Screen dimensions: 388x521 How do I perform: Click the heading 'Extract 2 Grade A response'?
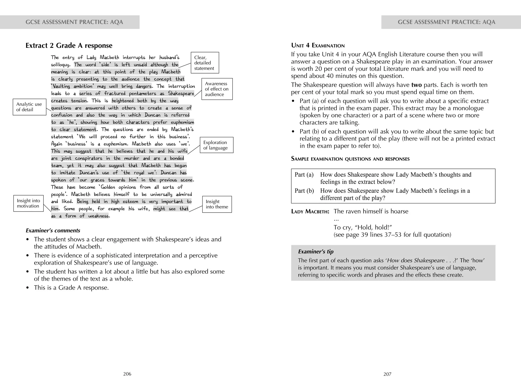coord(69,46)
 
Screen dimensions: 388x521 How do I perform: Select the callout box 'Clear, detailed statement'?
coord(205,63)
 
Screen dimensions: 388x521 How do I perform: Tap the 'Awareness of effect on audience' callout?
coord(217,89)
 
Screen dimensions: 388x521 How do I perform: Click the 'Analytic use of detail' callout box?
coord(29,107)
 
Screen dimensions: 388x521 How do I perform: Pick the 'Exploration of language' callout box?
coord(216,145)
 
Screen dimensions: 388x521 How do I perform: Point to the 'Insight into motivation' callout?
coord(28,203)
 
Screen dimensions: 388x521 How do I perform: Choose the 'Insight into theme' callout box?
coord(217,204)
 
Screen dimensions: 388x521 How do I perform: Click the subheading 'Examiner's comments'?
coord(53,231)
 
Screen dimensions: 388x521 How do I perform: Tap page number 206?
coord(127,374)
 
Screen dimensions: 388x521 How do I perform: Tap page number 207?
coord(387,374)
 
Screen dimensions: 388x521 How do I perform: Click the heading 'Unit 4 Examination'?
coord(318,46)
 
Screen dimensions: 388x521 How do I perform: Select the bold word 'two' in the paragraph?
coord(416,85)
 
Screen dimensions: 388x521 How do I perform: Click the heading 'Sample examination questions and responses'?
coord(350,159)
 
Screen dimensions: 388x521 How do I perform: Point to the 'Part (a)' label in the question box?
coord(304,175)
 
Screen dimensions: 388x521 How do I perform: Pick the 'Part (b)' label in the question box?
coord(304,191)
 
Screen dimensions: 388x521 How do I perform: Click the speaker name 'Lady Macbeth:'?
coord(310,212)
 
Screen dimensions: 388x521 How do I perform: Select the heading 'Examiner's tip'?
coord(315,251)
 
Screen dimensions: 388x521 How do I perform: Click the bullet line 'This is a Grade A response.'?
coord(71,288)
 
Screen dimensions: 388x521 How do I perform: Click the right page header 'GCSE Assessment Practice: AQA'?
coord(446,22)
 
